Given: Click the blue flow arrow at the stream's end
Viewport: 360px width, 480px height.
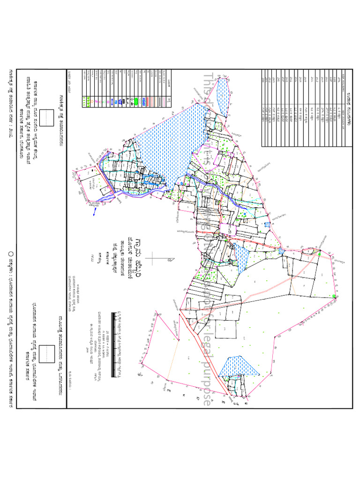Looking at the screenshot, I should pos(95,211).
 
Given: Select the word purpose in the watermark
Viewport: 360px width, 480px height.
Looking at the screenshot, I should pos(206,380).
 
